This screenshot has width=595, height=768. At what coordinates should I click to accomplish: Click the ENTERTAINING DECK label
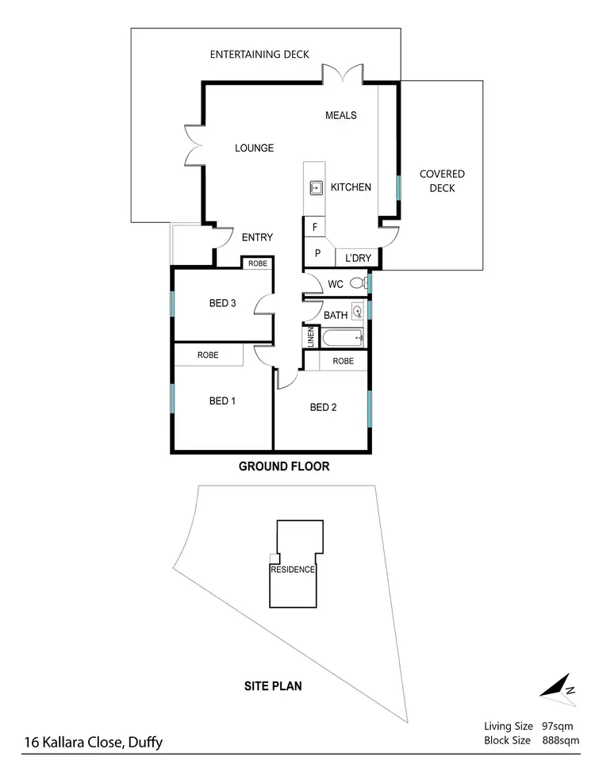click(259, 55)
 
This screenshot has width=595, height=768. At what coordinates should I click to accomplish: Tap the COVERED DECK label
click(442, 181)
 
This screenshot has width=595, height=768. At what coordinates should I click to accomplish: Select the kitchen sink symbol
click(317, 187)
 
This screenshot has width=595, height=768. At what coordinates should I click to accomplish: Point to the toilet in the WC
click(358, 282)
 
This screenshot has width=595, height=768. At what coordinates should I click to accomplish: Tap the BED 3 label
click(223, 302)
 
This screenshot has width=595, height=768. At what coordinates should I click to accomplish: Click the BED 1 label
click(223, 401)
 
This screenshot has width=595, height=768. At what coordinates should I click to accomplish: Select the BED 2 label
click(324, 408)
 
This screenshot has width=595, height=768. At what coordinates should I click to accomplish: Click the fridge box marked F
click(315, 228)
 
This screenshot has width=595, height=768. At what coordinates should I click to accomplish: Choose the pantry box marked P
click(317, 255)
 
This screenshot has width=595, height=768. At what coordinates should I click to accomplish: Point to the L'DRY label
click(359, 258)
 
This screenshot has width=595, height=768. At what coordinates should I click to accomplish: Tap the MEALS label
click(341, 115)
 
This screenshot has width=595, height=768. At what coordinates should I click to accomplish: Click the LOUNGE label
click(254, 148)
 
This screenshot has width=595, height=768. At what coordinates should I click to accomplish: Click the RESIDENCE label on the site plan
click(293, 570)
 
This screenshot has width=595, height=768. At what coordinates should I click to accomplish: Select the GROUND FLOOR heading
click(284, 467)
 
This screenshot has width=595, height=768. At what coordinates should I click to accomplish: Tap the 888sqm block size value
click(560, 740)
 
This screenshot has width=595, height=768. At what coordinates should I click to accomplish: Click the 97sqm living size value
click(557, 725)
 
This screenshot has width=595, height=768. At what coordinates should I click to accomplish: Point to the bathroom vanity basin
click(357, 311)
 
